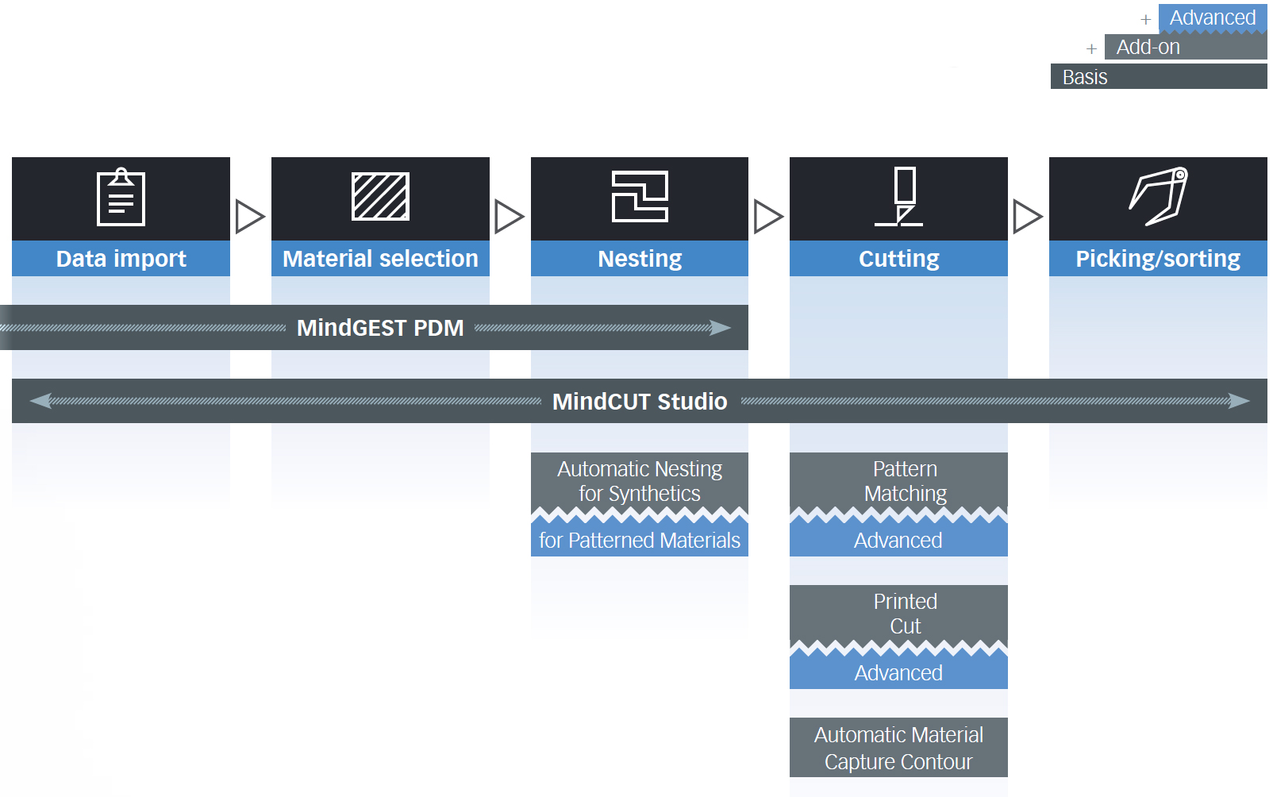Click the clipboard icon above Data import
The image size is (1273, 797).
[x=121, y=197]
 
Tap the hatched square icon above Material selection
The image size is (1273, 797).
[x=380, y=196]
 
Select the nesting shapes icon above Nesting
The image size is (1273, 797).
[x=640, y=196]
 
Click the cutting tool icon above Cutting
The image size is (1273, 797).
[x=898, y=196]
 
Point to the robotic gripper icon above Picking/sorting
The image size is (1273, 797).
[x=1158, y=196]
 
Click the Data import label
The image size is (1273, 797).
[x=121, y=259]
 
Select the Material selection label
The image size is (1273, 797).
[x=380, y=259]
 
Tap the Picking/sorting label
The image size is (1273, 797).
[x=1158, y=259]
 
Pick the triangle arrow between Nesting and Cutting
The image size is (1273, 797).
[x=768, y=217]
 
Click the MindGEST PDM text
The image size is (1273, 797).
[x=380, y=328]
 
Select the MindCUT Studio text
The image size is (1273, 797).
[x=640, y=402]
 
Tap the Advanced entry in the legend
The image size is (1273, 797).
[x=1213, y=17]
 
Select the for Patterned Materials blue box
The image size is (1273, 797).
[x=640, y=540]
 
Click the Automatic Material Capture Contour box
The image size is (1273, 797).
[x=898, y=748]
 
